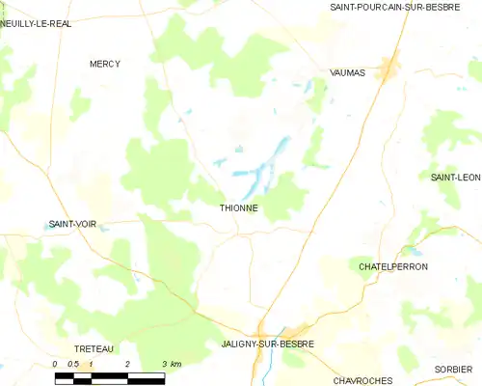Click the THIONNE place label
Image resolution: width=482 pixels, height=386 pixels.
point(238,207)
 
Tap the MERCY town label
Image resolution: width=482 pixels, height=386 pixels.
point(105,64)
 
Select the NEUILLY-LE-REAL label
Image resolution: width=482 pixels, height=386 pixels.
point(36,24)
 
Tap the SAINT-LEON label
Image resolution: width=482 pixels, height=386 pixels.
point(455,177)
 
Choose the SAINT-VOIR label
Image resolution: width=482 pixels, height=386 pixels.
point(73,224)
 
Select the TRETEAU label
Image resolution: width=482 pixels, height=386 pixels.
point(94,348)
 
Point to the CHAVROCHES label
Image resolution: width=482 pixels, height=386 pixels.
point(361,381)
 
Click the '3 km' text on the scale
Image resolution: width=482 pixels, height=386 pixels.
point(171,364)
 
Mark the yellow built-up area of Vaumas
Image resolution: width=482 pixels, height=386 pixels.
point(388,68)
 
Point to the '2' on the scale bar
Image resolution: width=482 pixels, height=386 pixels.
point(126,364)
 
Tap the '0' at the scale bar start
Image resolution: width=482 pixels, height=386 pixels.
point(56,364)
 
